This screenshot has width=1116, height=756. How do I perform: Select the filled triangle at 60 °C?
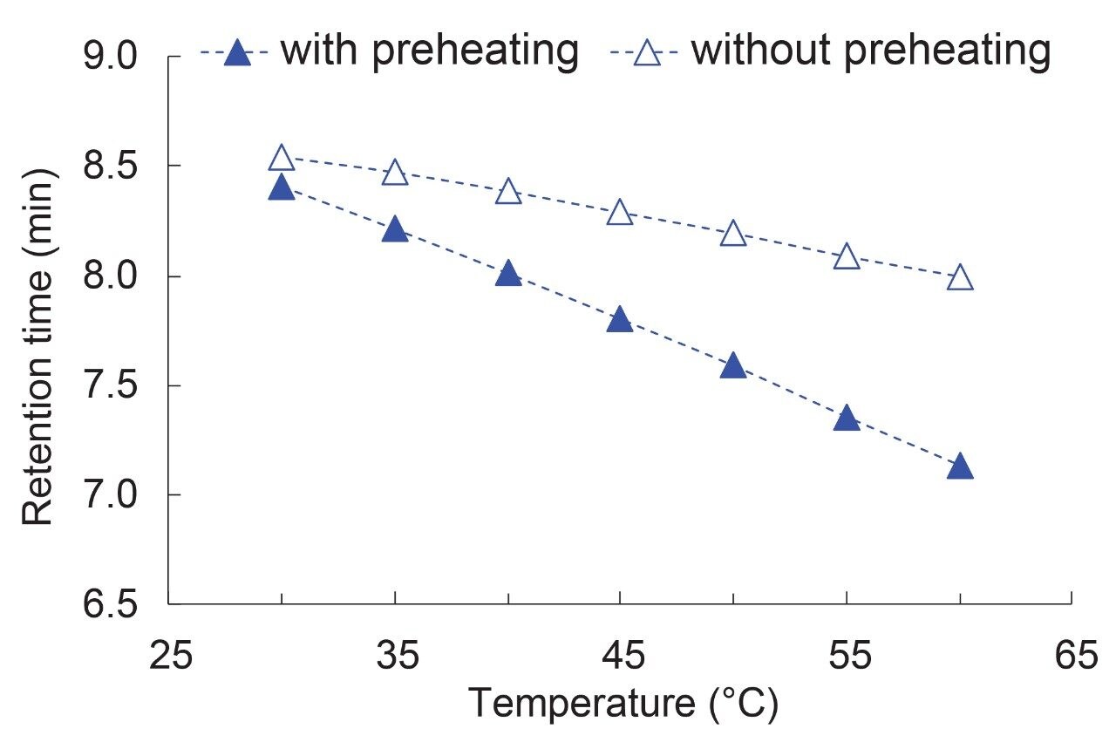pos(959,467)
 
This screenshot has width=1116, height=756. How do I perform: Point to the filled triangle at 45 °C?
pos(620,320)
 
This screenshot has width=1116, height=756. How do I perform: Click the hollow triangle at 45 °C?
pos(620,213)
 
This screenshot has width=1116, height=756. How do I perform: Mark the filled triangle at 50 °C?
pos(733,366)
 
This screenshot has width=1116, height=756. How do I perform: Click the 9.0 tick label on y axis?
pos(112,58)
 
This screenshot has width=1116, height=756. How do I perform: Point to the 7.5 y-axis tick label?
pos(112,386)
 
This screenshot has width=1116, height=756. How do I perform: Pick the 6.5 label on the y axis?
pos(112,605)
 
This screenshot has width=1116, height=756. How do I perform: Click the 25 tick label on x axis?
pos(169,656)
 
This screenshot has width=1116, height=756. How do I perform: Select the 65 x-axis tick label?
pos(1071,656)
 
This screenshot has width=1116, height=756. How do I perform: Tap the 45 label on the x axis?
pos(620,656)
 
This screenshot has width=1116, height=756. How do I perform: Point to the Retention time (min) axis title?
pos(38,347)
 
